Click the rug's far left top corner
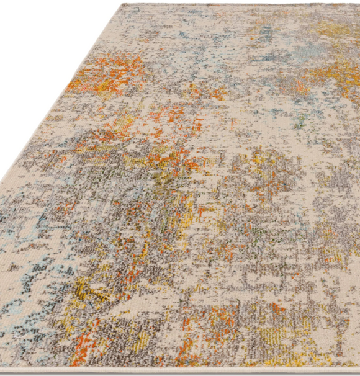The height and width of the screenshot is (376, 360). [x=122, y=6]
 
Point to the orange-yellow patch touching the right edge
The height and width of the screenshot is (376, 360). [x=338, y=78]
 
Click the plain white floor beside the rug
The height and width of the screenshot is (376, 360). [x=37, y=50]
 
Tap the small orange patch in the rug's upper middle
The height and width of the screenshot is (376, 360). [x=217, y=93]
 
